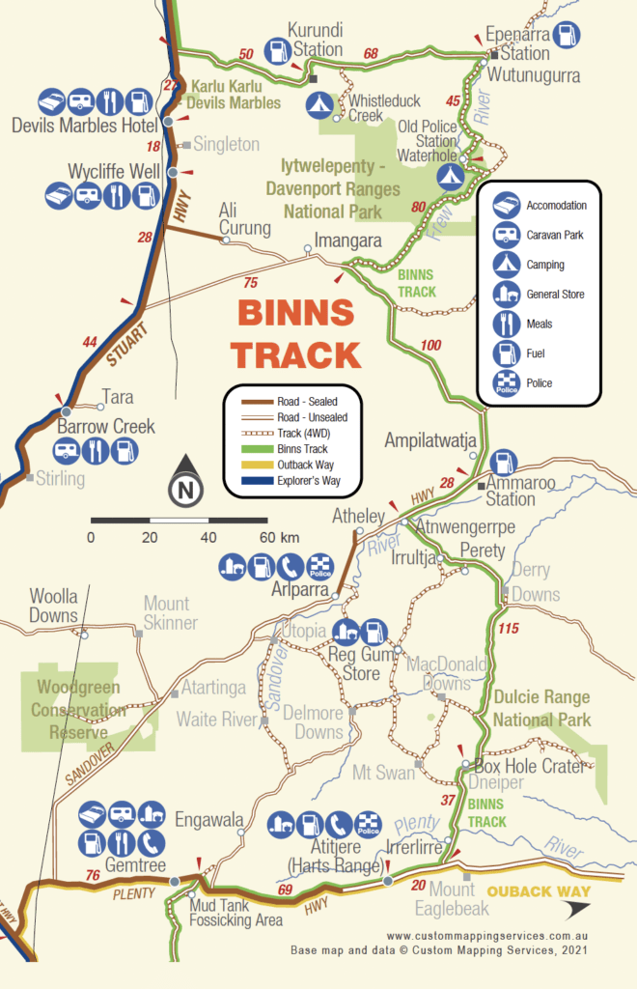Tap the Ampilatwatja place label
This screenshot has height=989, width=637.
click(430, 440)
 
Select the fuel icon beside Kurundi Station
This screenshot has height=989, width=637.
click(277, 48)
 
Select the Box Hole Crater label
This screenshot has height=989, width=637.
click(530, 766)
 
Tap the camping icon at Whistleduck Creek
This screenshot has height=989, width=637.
click(315, 103)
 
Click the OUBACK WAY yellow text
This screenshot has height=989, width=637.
click(539, 891)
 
